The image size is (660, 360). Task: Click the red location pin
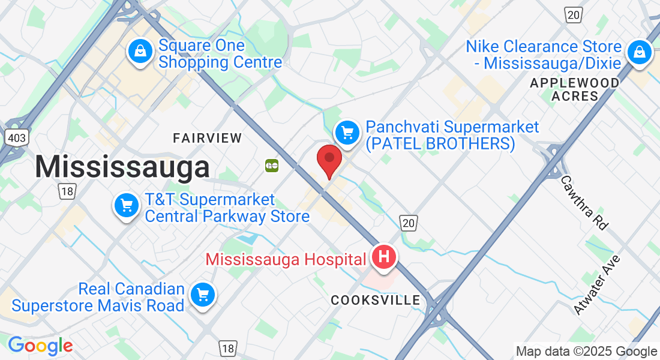click(x=329, y=159)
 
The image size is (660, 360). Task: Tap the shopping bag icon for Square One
click(x=140, y=52)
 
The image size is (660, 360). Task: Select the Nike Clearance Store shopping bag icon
click(x=640, y=52)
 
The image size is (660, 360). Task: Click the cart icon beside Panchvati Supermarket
click(x=347, y=132)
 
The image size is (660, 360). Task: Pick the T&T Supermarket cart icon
click(x=126, y=206)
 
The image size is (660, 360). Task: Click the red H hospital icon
click(x=384, y=257)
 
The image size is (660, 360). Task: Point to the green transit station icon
click(x=272, y=165)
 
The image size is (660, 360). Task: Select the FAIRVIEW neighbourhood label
click(x=208, y=138)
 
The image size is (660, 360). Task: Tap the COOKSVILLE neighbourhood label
click(x=376, y=300)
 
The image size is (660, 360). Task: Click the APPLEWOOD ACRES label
click(x=575, y=89)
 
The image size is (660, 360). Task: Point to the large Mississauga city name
click(x=122, y=166)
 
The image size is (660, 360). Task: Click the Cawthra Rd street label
click(x=584, y=203)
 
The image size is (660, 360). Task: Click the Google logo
click(x=40, y=346)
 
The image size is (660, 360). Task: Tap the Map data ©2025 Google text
click(x=586, y=352)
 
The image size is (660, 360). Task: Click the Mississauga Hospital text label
click(x=286, y=260)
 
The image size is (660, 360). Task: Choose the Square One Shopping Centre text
click(x=220, y=54)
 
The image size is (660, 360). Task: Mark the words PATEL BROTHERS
click(x=440, y=144)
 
